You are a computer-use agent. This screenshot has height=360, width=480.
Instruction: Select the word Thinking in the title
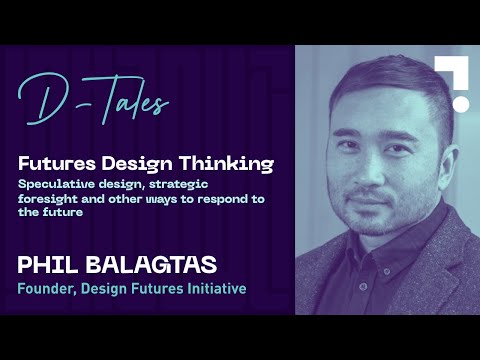(x=232, y=163)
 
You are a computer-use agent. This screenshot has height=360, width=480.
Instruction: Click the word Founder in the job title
(x=48, y=290)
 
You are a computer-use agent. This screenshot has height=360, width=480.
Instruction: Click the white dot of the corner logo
(x=460, y=103)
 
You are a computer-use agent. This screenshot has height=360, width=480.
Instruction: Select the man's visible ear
(x=432, y=140)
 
